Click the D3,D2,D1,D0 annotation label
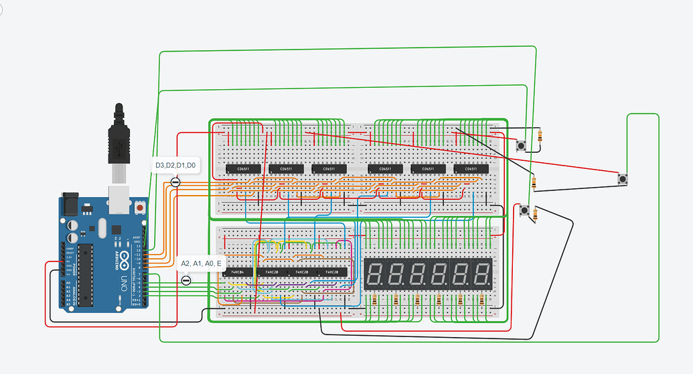tap(175, 165)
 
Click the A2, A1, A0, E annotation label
tap(202, 263)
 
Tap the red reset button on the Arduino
tap(139, 208)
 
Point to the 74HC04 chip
tap(238, 272)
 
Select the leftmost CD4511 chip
tap(239, 169)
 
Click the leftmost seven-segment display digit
tap(375, 273)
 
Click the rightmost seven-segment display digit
tap(481, 273)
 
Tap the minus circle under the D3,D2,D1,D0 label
tap(176, 182)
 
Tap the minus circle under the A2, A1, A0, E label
tap(186, 280)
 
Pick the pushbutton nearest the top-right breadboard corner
tap(521, 144)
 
